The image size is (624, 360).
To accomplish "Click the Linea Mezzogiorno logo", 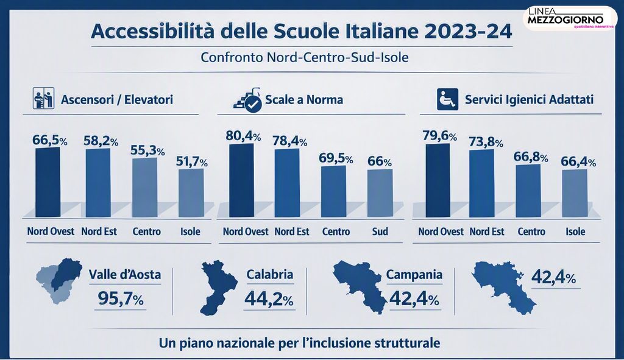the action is click(569, 18).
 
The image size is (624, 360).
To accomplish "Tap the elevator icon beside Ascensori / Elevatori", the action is click(43, 99).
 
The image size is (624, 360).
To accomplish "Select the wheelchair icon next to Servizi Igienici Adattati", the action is click(447, 99).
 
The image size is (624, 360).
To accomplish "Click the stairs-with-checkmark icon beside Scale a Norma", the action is click(247, 100).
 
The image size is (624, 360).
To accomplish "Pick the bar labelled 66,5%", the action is click(48, 182).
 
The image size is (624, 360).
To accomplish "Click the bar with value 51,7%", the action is click(191, 193).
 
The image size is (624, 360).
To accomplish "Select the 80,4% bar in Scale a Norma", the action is click(241, 180).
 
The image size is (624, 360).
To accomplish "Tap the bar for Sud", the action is click(380, 193).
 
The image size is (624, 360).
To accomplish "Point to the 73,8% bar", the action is click(481, 183).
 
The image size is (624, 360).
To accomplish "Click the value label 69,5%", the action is click(336, 158).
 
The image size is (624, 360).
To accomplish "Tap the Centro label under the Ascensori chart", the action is click(146, 231).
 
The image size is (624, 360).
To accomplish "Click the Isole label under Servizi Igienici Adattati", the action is click(575, 231).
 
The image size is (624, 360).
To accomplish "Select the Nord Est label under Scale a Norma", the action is click(292, 231).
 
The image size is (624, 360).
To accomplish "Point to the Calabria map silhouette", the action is click(218, 288).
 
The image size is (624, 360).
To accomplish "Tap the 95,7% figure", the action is click(121, 298).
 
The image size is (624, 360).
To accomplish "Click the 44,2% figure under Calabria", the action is click(269, 298).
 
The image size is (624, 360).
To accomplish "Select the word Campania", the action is click(414, 275).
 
